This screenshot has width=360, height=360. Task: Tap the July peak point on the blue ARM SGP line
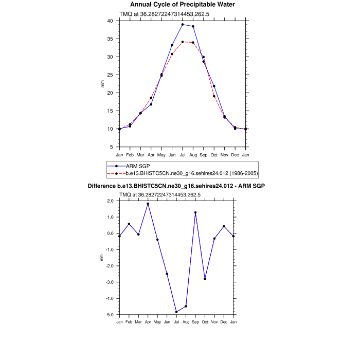(183, 25)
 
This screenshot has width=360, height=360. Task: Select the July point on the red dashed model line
(183, 42)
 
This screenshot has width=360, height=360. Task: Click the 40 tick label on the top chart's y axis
(110, 21)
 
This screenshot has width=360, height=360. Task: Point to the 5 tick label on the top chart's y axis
(111, 147)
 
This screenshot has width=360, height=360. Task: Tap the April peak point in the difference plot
(148, 204)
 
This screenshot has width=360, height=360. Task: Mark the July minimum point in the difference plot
(176, 312)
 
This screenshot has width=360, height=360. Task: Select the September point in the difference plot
(195, 212)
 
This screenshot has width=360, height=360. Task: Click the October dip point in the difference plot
(205, 279)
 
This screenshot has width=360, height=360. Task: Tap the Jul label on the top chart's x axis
(183, 154)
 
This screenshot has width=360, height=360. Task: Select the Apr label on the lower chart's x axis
(148, 322)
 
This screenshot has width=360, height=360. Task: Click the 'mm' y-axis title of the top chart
(102, 84)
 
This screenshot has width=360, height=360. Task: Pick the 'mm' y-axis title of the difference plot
(101, 258)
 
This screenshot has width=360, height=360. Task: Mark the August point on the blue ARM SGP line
(193, 26)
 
